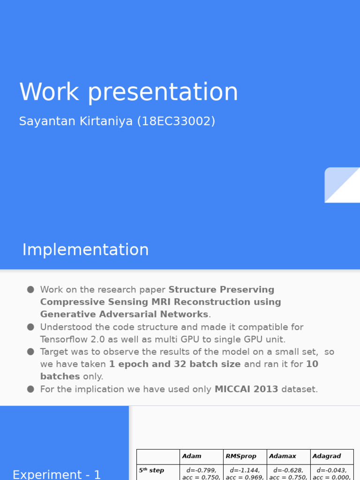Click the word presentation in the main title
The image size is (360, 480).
[x=163, y=92]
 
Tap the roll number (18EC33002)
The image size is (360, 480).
[x=176, y=121]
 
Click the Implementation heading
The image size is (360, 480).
[x=85, y=250]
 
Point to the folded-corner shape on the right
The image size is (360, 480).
[x=342, y=185]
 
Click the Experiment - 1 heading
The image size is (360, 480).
[x=57, y=474]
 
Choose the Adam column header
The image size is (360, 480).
[x=192, y=456]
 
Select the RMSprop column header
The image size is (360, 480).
[x=241, y=456]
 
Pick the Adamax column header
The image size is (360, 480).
[x=283, y=456]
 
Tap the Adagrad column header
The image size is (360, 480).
[x=327, y=456]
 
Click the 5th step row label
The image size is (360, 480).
[x=151, y=471]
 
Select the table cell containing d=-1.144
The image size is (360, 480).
[x=245, y=473]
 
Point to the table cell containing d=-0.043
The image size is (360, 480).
[x=332, y=473]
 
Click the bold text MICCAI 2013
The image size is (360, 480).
[x=246, y=390]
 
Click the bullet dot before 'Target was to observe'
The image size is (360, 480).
[x=30, y=352]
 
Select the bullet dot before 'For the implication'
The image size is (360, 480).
[x=30, y=389]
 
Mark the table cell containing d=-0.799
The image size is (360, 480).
[x=201, y=473]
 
